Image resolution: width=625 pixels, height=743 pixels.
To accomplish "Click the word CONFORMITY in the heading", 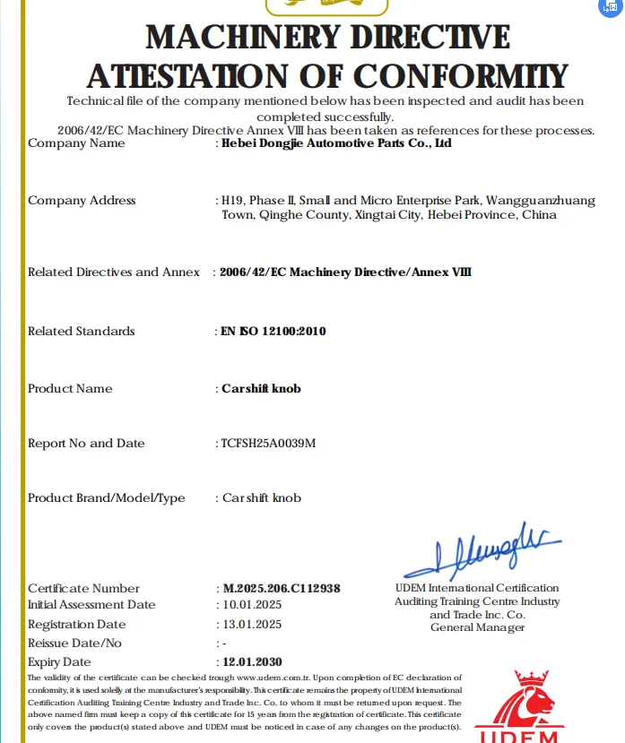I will pyautogui.click(x=456, y=75).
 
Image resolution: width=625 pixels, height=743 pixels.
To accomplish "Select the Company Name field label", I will pyautogui.click(x=76, y=143).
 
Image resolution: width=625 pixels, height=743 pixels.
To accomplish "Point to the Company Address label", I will pyautogui.click(x=82, y=201).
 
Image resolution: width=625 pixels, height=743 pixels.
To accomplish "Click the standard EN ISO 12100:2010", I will pyautogui.click(x=273, y=332).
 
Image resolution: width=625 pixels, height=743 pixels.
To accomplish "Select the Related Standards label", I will pyautogui.click(x=81, y=332).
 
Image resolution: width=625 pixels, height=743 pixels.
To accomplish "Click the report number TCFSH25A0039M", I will pyautogui.click(x=269, y=444).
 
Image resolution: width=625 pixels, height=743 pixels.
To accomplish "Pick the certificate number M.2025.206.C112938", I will pyautogui.click(x=282, y=589).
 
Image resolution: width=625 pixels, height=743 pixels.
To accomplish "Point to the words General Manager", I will pyautogui.click(x=477, y=627).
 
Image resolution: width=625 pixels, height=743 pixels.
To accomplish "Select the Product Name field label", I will pyautogui.click(x=70, y=389).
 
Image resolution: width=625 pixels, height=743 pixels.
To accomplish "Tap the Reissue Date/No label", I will pyautogui.click(x=74, y=644).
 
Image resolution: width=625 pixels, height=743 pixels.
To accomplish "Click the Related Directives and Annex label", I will pyautogui.click(x=114, y=272).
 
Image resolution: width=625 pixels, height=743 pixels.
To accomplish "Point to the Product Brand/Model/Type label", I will pyautogui.click(x=106, y=498).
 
